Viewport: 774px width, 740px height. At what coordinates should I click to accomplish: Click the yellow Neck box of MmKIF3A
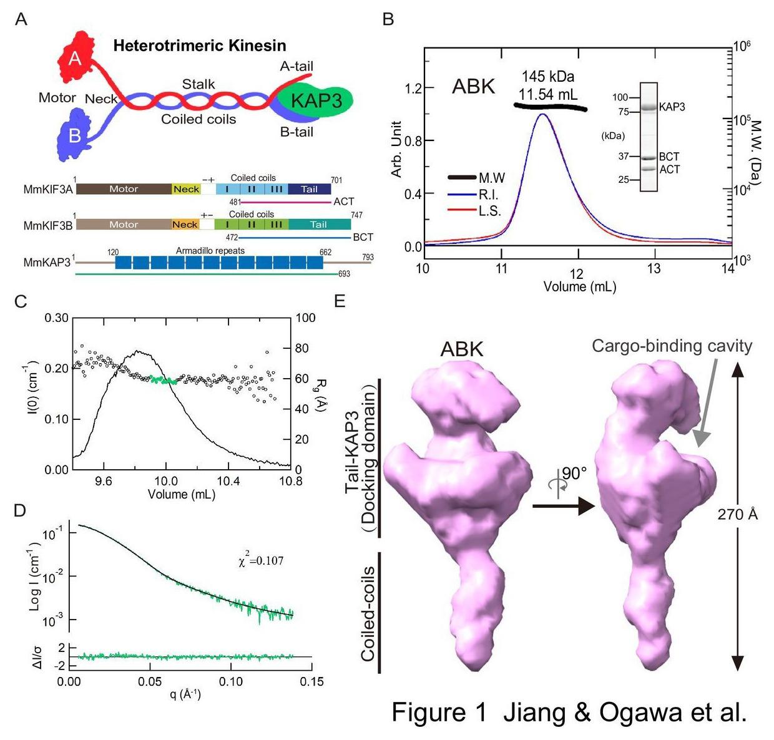tap(186, 189)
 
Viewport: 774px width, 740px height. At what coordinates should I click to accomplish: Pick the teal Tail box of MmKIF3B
tap(319, 225)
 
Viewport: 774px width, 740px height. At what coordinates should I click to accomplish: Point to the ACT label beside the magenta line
tap(343, 202)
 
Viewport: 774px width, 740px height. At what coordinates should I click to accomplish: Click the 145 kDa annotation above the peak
tap(548, 77)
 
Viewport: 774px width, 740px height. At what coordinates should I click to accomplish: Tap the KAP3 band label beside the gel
tap(672, 107)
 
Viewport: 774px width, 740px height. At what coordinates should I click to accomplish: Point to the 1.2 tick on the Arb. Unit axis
tap(412, 88)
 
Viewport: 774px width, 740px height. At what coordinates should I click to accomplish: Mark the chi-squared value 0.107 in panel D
tap(261, 561)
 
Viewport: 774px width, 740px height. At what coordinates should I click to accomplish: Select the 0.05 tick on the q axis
tap(150, 681)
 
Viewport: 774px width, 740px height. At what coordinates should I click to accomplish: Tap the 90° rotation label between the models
tap(574, 474)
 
